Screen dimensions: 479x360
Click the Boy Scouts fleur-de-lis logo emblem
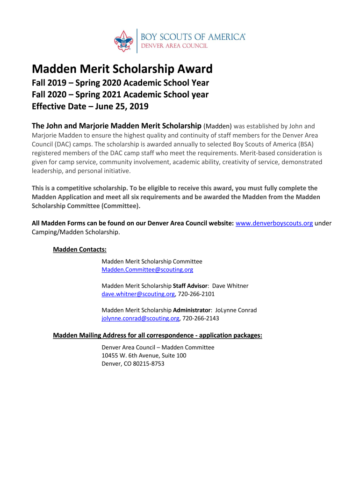tap(124, 41)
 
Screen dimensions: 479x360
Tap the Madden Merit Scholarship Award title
tap(122, 69)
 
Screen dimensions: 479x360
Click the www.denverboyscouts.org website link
tap(274, 223)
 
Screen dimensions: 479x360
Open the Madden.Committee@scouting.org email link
tap(147, 270)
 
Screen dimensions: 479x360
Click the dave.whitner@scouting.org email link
tap(138, 294)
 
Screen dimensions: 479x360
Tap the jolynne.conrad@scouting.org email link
tap(140, 319)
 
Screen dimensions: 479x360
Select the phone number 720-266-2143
tap(200, 319)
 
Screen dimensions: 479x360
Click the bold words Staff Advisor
tap(190, 286)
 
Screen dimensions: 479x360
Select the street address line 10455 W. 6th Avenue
tap(144, 356)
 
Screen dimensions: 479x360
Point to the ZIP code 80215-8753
tap(149, 364)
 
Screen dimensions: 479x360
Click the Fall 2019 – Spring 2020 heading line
tap(120, 83)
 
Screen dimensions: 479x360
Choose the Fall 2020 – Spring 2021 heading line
tap(120, 94)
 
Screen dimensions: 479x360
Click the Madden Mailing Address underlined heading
tap(158, 335)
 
